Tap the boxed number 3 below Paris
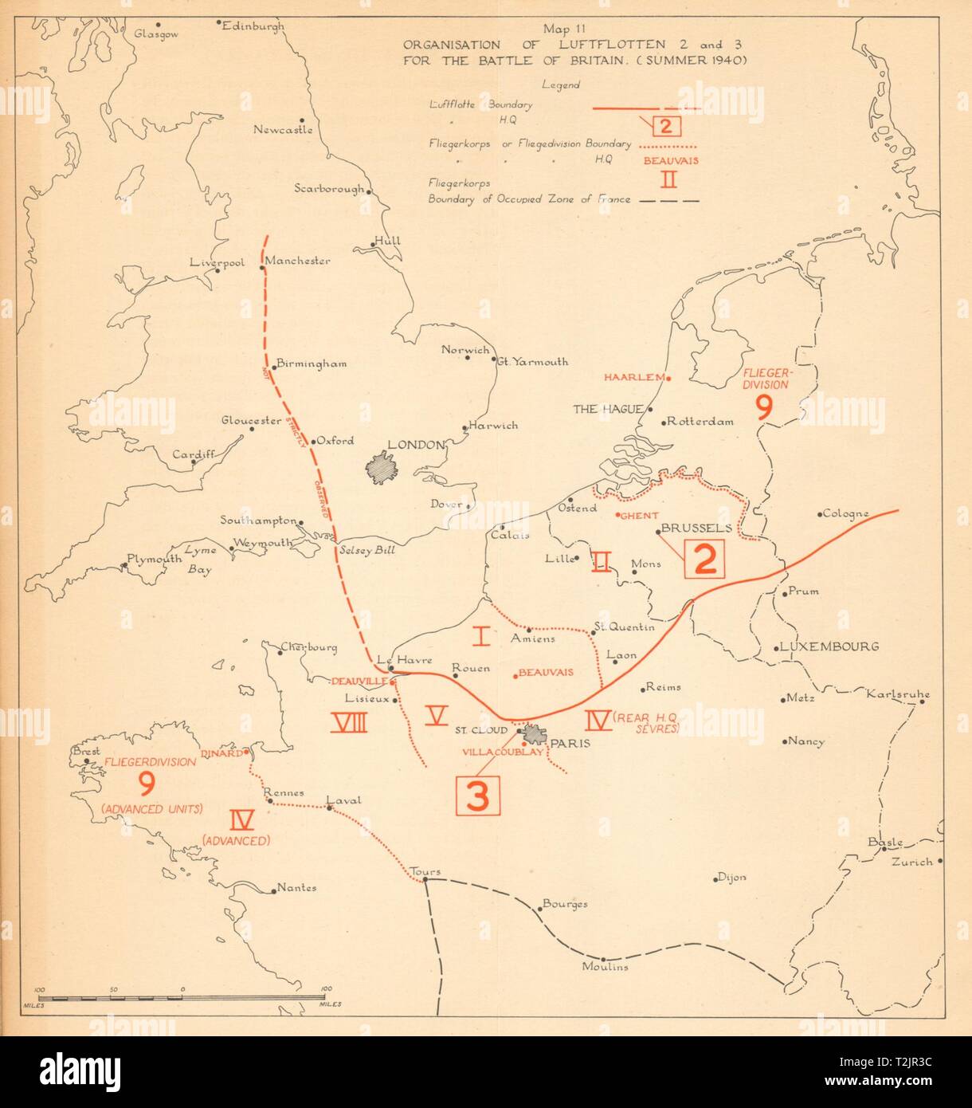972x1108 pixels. (x=477, y=795)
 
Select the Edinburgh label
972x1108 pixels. (x=253, y=26)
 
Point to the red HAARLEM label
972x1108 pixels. (x=634, y=378)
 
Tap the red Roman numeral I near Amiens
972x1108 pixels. (x=480, y=635)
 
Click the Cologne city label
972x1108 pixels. (x=845, y=513)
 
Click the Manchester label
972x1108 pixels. (x=297, y=261)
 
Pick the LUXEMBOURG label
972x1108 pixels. (x=829, y=646)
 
